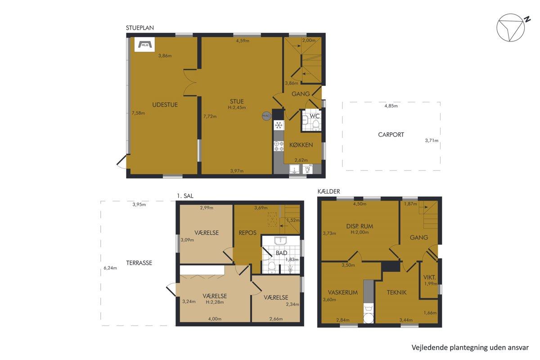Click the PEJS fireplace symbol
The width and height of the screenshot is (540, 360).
(x=144, y=45)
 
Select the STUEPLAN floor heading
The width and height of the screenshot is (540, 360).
(x=140, y=28)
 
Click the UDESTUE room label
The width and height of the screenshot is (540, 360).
(x=165, y=105)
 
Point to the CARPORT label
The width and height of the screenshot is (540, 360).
(x=391, y=135)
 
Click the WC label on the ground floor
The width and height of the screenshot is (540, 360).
(x=315, y=116)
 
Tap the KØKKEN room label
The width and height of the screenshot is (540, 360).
(x=301, y=145)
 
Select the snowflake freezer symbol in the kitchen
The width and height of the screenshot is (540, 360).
(x=279, y=126)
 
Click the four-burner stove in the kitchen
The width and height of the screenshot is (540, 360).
(x=279, y=146)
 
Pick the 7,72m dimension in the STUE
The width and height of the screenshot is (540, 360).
(x=210, y=117)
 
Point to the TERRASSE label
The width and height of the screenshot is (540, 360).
(x=139, y=263)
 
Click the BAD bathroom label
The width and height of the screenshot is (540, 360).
(x=282, y=253)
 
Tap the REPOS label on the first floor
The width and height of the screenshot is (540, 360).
(x=247, y=233)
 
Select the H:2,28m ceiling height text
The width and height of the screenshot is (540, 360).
(x=215, y=302)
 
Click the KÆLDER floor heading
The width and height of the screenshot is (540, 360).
(x=329, y=191)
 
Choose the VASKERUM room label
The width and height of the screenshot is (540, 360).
(x=343, y=292)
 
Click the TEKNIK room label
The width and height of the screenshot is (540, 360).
(x=396, y=292)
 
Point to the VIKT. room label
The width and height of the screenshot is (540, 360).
(x=430, y=277)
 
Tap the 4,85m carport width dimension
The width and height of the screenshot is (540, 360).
(x=391, y=106)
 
